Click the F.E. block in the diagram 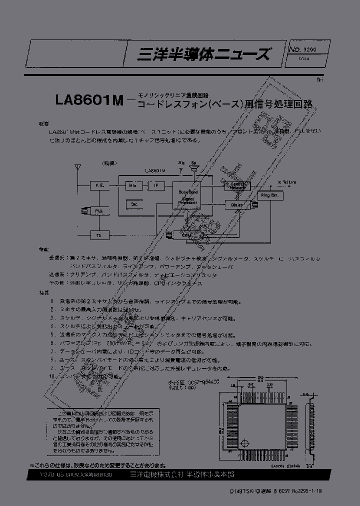click(x=99, y=185)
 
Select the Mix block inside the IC click(x=132, y=185)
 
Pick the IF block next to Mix click(x=155, y=185)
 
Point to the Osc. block click(x=134, y=204)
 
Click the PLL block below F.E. click(x=99, y=211)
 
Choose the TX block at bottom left click(x=99, y=234)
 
